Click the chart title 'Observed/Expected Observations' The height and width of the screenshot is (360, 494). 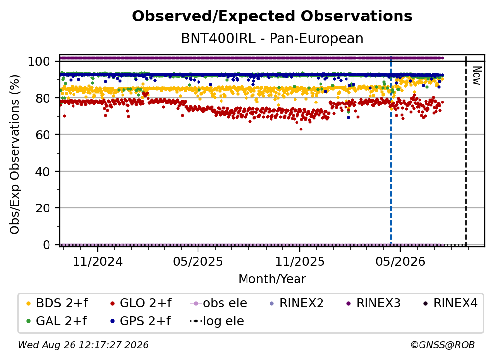click(272, 16)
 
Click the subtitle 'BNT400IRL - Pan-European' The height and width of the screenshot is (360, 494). click(272, 38)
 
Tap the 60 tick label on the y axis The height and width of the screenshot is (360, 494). click(43, 134)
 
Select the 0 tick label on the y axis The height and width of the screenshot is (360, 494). click(47, 245)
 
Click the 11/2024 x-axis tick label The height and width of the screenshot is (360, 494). click(98, 261)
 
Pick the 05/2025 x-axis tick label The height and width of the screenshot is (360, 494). click(198, 261)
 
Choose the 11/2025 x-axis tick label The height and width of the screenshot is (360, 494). click(300, 261)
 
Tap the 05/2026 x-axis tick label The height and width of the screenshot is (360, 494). click(400, 261)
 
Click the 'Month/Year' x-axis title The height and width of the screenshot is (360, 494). click(272, 279)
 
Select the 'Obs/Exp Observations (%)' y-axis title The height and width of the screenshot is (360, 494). click(15, 154)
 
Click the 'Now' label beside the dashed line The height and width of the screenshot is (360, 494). click(477, 76)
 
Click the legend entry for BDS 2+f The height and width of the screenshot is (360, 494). click(57, 303)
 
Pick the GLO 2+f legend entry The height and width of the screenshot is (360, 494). click(141, 303)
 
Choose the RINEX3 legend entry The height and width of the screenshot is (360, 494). click(373, 303)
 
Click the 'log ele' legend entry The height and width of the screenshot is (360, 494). click(217, 321)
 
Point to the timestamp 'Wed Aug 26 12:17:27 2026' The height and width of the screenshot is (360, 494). click(83, 345)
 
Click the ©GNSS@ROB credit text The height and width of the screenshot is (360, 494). click(443, 345)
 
